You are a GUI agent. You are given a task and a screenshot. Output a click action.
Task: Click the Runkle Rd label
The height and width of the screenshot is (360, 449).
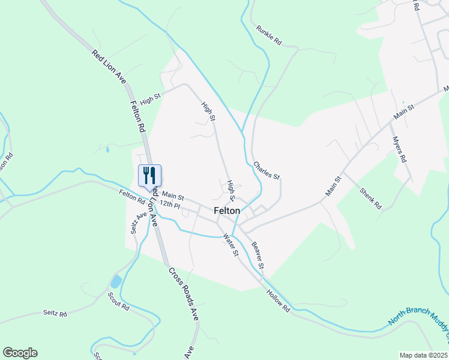(x=268, y=35)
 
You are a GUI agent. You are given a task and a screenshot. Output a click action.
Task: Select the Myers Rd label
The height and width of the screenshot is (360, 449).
(x=399, y=149)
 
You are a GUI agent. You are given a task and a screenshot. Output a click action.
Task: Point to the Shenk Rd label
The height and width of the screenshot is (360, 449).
(x=370, y=198)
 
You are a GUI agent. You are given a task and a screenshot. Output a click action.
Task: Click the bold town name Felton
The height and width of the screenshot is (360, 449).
(x=227, y=211)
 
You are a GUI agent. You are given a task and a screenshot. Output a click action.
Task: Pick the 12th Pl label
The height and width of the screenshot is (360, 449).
(x=170, y=205)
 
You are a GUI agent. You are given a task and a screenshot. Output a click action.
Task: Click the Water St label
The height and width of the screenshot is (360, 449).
(x=231, y=244)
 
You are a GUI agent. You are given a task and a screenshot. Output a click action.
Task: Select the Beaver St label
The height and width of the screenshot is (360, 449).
(x=258, y=255)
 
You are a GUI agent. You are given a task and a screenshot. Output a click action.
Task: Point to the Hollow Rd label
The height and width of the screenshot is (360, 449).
(x=279, y=301)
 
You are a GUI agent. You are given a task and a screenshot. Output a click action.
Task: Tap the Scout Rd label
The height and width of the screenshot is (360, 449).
(x=118, y=301)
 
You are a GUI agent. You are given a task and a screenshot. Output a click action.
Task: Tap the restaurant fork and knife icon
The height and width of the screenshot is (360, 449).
(x=149, y=176)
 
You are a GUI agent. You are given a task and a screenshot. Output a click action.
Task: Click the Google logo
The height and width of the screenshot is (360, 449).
(x=20, y=353)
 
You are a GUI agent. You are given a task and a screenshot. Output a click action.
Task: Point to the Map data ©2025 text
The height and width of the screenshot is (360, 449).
(x=423, y=355)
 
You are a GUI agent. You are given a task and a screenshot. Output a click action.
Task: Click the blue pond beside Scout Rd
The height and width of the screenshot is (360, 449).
(x=116, y=281)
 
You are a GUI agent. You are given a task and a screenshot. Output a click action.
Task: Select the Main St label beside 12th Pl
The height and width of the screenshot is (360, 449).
(x=172, y=196)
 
